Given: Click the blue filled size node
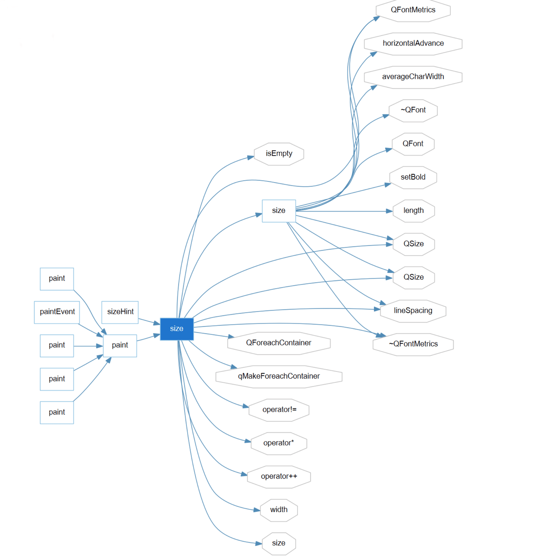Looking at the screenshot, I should pyautogui.click(x=176, y=328).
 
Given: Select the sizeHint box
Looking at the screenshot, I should pyautogui.click(x=120, y=312).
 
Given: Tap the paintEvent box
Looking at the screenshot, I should pyautogui.click(x=57, y=312).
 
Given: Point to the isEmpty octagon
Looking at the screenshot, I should pyautogui.click(x=279, y=153).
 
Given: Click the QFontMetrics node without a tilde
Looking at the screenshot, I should pyautogui.click(x=413, y=10).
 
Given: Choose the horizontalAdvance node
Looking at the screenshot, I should pyautogui.click(x=413, y=43).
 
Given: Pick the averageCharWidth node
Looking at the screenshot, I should pyautogui.click(x=413, y=77).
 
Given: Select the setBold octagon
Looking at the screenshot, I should pyautogui.click(x=413, y=177).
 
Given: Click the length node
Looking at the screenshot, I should pyautogui.click(x=413, y=211).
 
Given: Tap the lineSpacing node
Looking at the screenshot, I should pyautogui.click(x=413, y=311).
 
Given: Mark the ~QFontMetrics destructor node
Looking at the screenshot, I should pyautogui.click(x=413, y=344).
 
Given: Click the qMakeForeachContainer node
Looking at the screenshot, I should pyautogui.click(x=278, y=376).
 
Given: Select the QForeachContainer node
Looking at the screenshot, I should pyautogui.click(x=278, y=343).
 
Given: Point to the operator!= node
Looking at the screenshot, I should pyautogui.click(x=279, y=410).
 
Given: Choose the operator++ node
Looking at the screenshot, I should pyautogui.click(x=279, y=476).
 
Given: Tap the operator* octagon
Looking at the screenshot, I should pyautogui.click(x=279, y=443).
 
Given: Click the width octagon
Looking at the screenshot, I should pyautogui.click(x=279, y=510).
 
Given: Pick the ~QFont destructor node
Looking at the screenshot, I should pyautogui.click(x=413, y=110).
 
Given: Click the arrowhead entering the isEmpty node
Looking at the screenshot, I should pyautogui.click(x=251, y=158).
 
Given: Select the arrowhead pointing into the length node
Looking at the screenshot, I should pyautogui.click(x=389, y=211).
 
